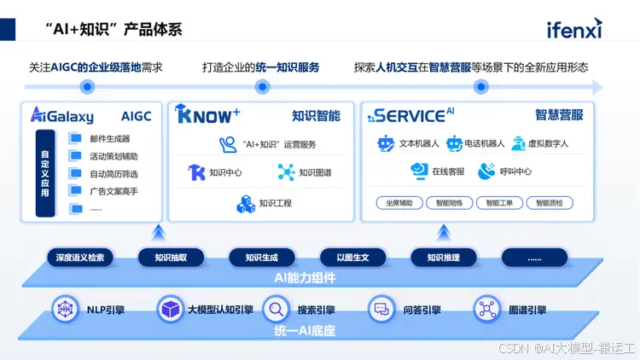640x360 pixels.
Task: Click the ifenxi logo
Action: pyautogui.click(x=574, y=30)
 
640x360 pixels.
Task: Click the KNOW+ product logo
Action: pyautogui.click(x=207, y=114)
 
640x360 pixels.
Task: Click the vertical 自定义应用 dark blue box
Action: pyautogui.click(x=45, y=173)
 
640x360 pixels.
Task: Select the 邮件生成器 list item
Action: pyautogui.click(x=109, y=139)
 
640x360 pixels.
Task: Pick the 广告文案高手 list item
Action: pyautogui.click(x=113, y=191)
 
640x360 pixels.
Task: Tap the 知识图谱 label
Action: pyautogui.click(x=315, y=172)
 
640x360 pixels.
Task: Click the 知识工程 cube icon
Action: pyautogui.click(x=246, y=204)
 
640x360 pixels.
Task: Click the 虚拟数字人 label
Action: pyautogui.click(x=548, y=143)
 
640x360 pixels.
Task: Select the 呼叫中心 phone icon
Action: pyautogui.click(x=486, y=171)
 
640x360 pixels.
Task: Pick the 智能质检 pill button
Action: pyautogui.click(x=550, y=203)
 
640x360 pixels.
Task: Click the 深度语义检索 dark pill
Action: pyautogui.click(x=80, y=257)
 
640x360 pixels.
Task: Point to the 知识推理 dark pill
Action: pyautogui.click(x=443, y=257)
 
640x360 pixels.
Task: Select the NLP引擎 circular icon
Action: pyautogui.click(x=65, y=309)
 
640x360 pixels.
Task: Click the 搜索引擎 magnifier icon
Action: pyautogui.click(x=276, y=309)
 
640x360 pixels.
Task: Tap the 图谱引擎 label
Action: pyautogui.click(x=528, y=310)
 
